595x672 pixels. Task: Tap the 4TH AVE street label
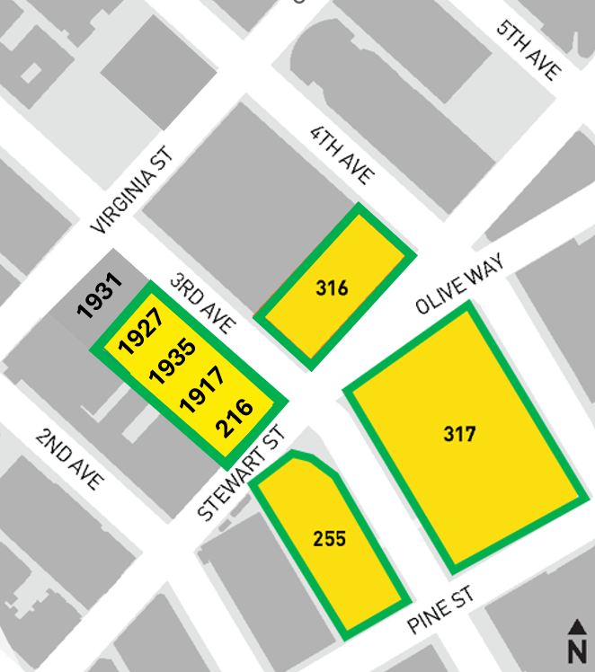pyautogui.click(x=342, y=155)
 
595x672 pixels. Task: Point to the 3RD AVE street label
pyautogui.click(x=201, y=303)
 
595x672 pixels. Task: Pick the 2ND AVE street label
pyautogui.click(x=69, y=457)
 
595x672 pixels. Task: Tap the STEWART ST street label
pyautogui.click(x=241, y=473)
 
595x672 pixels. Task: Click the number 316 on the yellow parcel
pyautogui.click(x=332, y=288)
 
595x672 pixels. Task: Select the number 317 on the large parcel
pyautogui.click(x=459, y=435)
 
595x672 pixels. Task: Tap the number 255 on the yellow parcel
pyautogui.click(x=329, y=539)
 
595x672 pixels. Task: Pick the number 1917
pyautogui.click(x=202, y=389)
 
